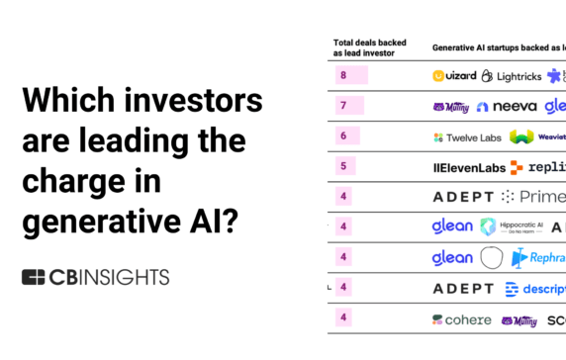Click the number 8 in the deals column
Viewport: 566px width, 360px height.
click(342, 75)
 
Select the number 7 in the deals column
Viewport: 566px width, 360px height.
click(342, 106)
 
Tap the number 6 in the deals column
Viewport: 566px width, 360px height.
click(342, 136)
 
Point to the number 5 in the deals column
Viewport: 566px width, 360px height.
click(342, 166)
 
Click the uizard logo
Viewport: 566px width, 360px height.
click(455, 75)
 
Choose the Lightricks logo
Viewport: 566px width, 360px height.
click(512, 75)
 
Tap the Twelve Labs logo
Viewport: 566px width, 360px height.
click(464, 137)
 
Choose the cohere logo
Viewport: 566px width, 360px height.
click(461, 319)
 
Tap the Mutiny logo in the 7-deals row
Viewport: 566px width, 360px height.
click(450, 107)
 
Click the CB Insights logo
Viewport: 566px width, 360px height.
click(95, 277)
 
